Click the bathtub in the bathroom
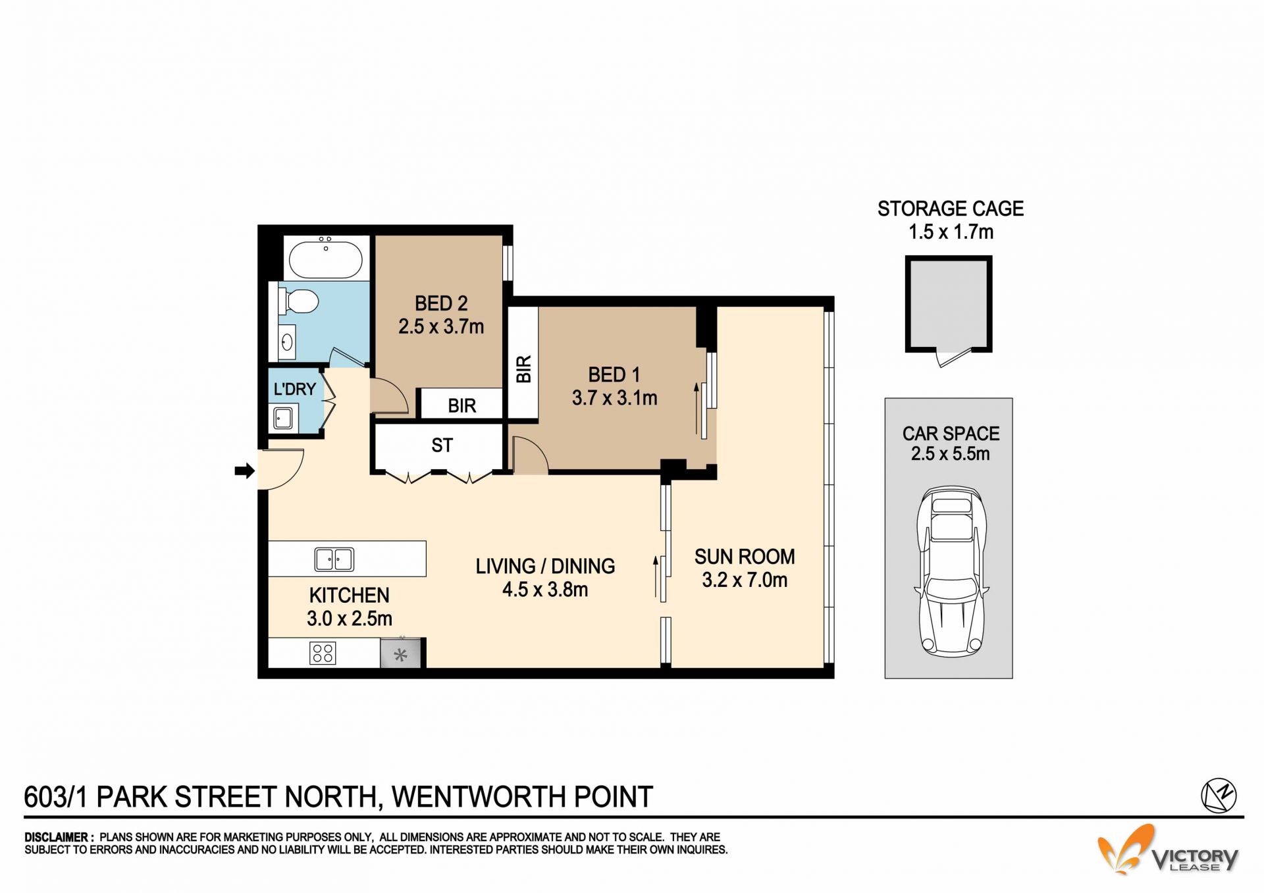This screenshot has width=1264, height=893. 323,257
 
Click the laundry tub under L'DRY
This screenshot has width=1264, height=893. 283,418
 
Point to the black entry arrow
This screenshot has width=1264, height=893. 245,470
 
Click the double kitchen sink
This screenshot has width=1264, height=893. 334,559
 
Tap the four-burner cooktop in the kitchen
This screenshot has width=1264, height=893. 323,653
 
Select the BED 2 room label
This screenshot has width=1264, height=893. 441,303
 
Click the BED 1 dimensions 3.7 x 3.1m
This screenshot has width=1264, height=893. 614,397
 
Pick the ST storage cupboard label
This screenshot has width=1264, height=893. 442,446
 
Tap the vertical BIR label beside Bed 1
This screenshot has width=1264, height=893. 523,369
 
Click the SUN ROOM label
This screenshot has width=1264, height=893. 745,557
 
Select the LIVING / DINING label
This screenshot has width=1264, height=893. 545,566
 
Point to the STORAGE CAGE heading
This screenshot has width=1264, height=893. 950,209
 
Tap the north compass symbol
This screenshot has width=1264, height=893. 1219,795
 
